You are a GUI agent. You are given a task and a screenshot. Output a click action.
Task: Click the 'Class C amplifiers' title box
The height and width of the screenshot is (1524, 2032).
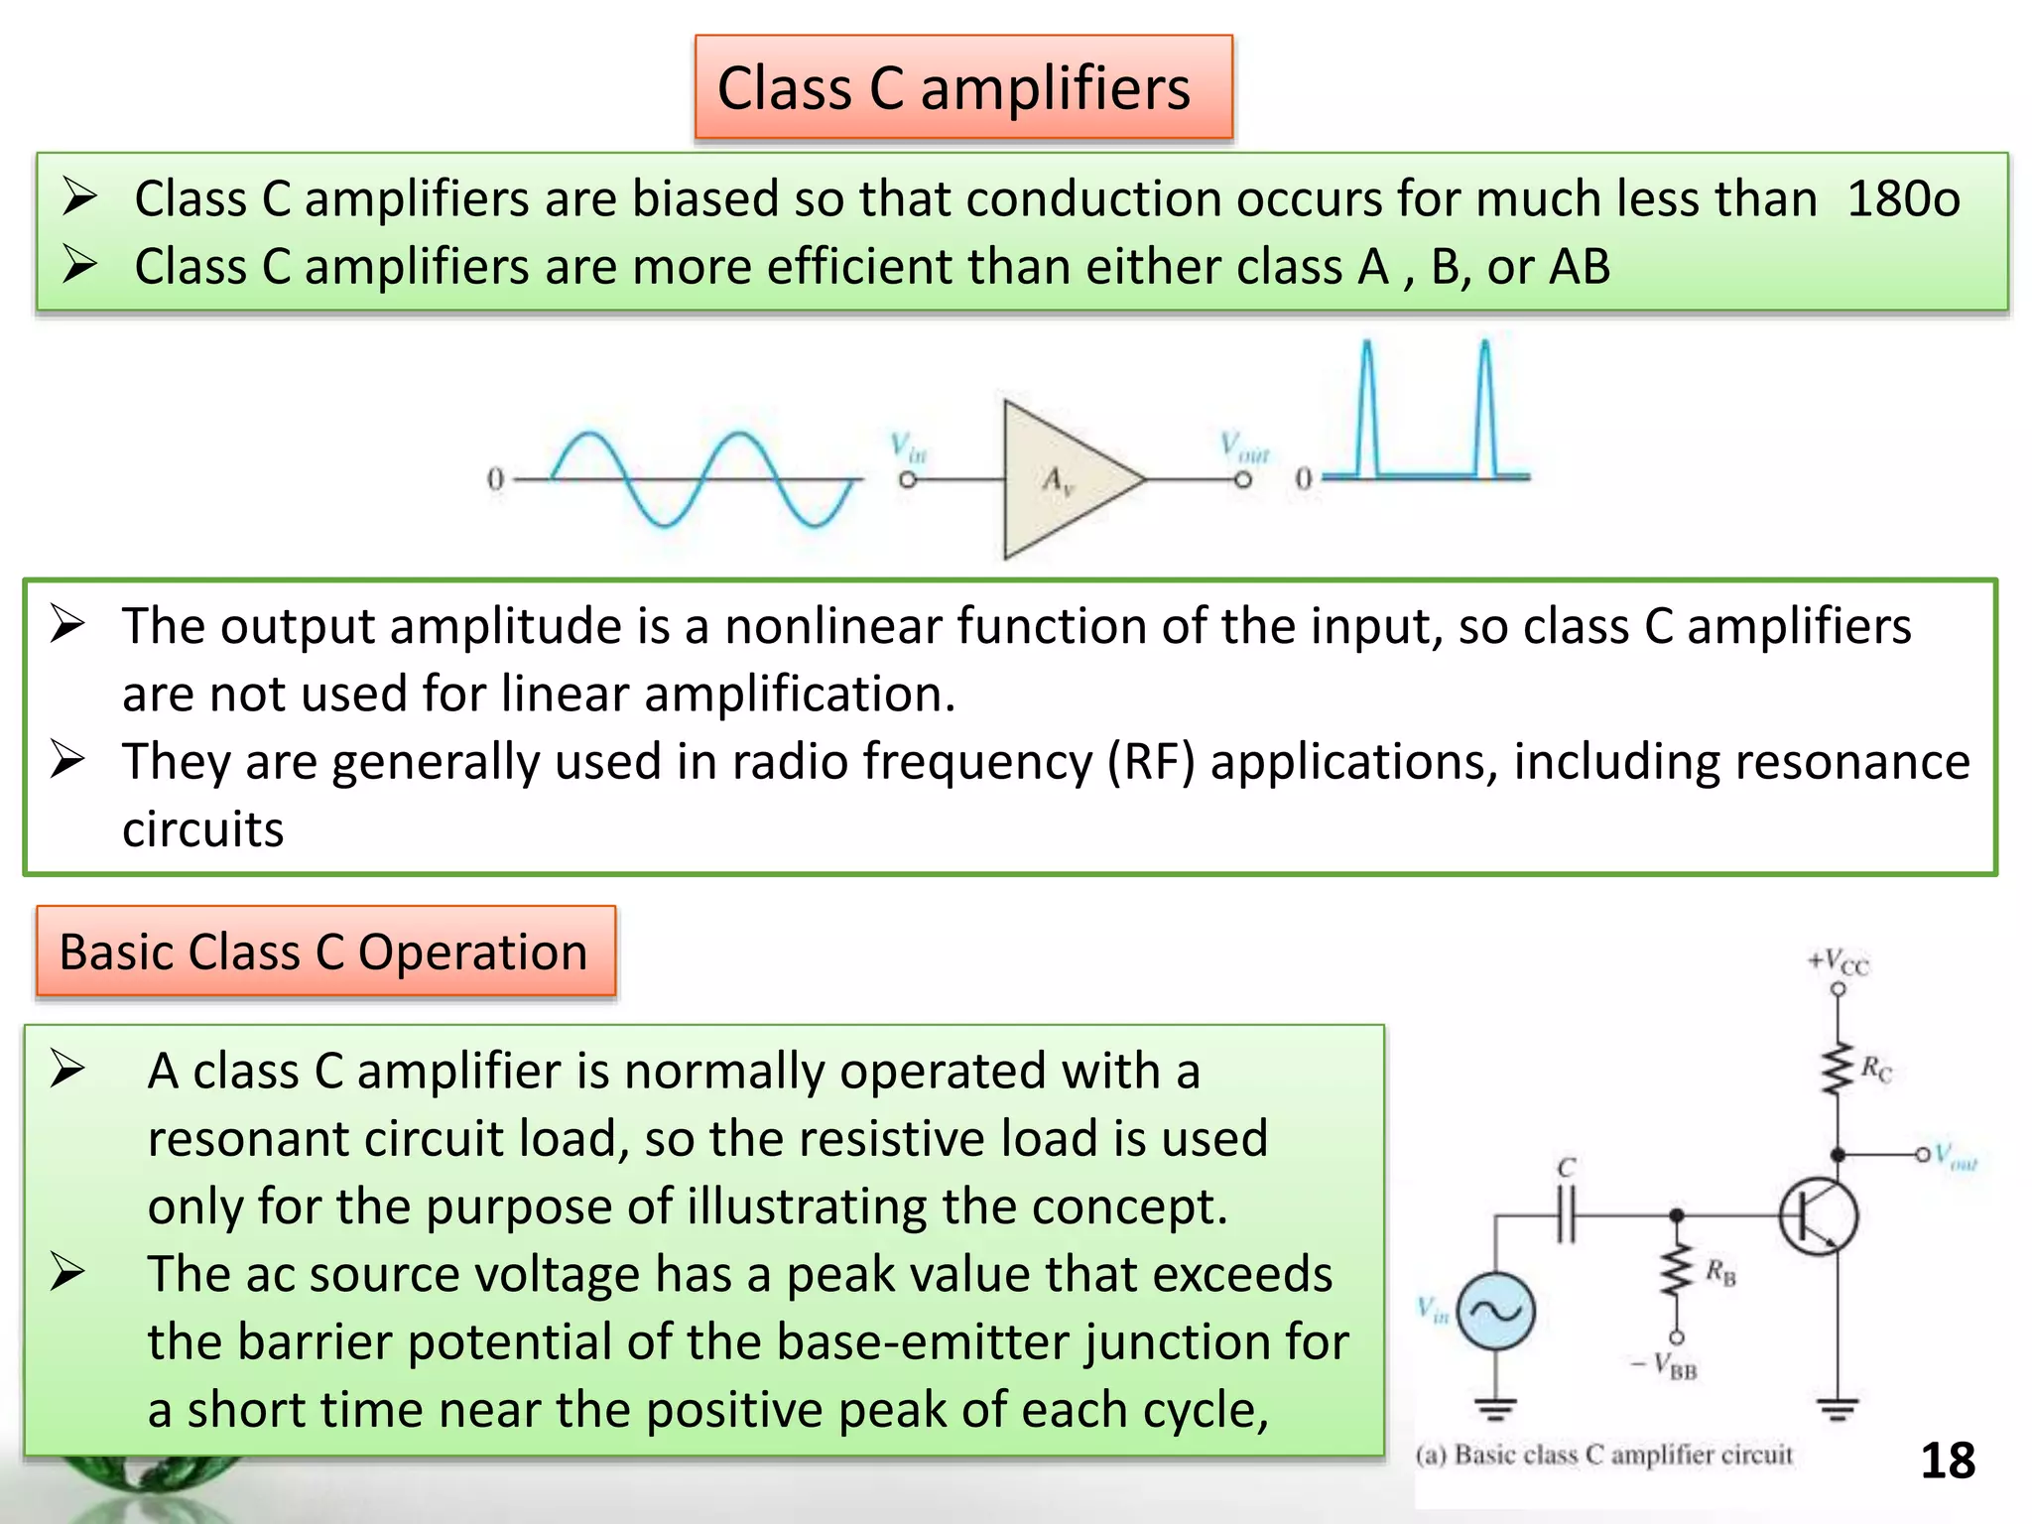962,87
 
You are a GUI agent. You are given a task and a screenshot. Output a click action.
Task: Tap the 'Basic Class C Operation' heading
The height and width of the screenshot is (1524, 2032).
324,952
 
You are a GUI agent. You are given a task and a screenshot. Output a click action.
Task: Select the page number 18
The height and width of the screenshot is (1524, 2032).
1947,1460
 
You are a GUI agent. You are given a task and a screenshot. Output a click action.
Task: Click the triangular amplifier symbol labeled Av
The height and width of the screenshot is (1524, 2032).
1062,480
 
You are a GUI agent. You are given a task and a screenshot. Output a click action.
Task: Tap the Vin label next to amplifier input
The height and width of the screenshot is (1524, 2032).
907,447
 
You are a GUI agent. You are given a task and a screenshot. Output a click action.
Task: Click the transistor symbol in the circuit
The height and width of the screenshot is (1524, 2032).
1818,1216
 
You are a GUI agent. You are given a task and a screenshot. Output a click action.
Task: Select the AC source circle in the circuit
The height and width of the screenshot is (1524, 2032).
1496,1312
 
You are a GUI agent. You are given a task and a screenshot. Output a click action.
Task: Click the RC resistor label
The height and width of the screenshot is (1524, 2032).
1875,1070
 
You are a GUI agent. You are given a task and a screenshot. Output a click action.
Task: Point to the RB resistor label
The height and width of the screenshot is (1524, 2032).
1720,1272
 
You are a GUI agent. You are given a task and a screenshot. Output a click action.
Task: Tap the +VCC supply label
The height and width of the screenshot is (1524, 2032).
1838,960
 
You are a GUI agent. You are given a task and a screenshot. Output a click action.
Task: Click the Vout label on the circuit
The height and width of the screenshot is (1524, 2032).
1956,1156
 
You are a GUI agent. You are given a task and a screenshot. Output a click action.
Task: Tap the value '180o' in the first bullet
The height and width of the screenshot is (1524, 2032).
1902,198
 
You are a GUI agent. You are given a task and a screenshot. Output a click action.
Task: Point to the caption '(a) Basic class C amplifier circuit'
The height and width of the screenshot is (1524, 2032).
1603,1455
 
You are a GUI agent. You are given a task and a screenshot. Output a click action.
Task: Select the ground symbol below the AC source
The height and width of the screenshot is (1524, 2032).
1495,1408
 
